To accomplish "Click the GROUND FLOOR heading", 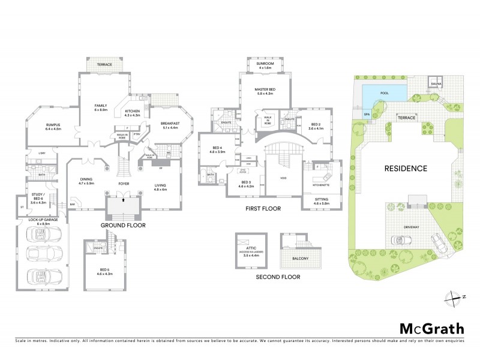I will (x=122, y=225).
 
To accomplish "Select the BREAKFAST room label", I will (x=170, y=124).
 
